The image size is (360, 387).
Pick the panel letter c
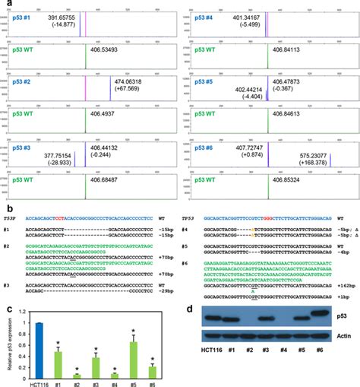8,306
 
